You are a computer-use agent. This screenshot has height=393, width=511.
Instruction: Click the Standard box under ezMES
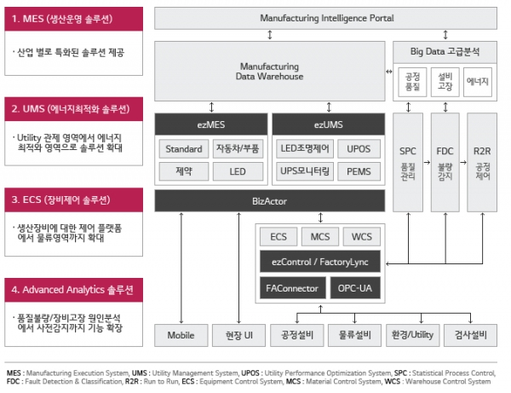point(183,149)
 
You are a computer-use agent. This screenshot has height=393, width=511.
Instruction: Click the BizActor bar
point(269,201)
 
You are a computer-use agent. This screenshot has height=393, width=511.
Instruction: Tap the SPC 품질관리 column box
point(408,162)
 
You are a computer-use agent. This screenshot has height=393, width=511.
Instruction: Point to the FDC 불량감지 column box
point(445,162)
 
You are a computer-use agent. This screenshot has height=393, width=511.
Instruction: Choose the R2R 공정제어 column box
point(481,162)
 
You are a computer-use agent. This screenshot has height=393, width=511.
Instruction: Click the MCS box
point(320,236)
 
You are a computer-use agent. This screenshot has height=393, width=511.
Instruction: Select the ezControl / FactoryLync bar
point(320,262)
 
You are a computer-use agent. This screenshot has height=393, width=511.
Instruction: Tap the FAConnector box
point(291,288)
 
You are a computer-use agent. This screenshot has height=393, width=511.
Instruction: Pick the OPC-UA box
point(353,288)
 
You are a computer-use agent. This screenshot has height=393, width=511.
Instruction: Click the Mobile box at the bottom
point(181,335)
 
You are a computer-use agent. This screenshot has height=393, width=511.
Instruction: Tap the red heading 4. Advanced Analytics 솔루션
point(66,289)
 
